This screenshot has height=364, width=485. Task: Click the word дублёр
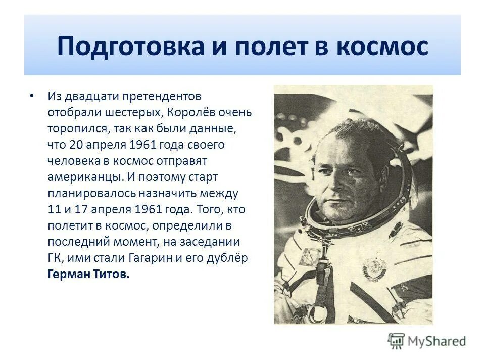pyautogui.click(x=230, y=257)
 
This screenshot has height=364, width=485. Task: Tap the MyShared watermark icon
pyautogui.click(x=397, y=340)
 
